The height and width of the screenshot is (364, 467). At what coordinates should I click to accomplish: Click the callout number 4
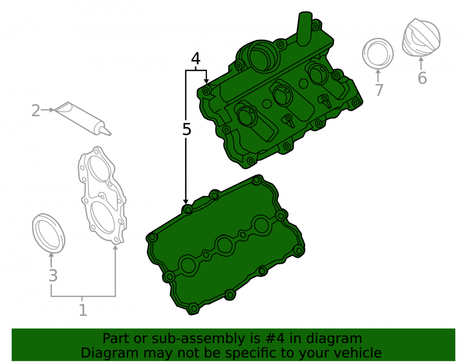pyautogui.click(x=196, y=59)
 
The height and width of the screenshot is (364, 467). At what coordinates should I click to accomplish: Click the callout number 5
pyautogui.click(x=186, y=130)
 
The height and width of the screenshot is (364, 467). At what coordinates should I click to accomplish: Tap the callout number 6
pyautogui.click(x=422, y=78)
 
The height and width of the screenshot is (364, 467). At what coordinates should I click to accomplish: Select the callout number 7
pyautogui.click(x=379, y=90)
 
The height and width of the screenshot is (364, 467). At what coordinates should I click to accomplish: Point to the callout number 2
pyautogui.click(x=36, y=110)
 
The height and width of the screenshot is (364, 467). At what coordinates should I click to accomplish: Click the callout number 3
pyautogui.click(x=53, y=276)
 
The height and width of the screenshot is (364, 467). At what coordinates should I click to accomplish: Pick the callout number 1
pyautogui.click(x=83, y=310)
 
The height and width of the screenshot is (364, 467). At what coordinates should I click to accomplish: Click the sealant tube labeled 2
pyautogui.click(x=82, y=118)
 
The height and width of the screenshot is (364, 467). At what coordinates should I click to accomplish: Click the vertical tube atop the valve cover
pyautogui.click(x=304, y=28)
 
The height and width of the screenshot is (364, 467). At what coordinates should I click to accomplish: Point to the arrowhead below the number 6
pyautogui.click(x=421, y=60)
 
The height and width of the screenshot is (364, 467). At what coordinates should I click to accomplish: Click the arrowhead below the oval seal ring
pyautogui.click(x=51, y=255)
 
